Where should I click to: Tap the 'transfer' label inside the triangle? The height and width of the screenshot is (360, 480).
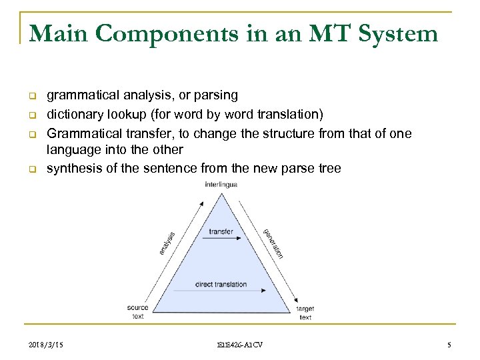(x=221, y=231)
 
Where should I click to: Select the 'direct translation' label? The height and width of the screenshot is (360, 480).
(x=221, y=285)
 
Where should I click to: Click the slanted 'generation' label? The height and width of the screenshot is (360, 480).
(x=273, y=243)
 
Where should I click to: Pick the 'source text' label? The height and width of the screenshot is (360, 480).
(x=138, y=312)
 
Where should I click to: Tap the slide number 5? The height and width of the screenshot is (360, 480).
(x=449, y=345)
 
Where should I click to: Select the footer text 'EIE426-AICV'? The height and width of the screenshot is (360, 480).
(x=239, y=345)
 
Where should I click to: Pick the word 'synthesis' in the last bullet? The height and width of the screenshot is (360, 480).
(x=70, y=169)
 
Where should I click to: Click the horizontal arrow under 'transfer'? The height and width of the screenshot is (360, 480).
(x=221, y=239)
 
